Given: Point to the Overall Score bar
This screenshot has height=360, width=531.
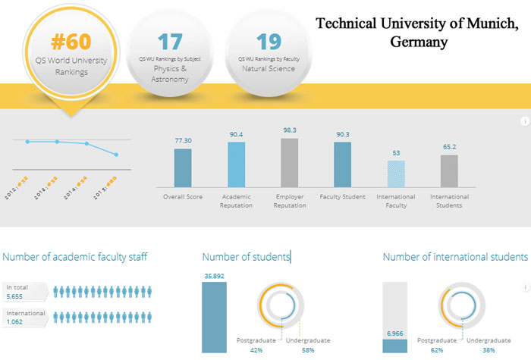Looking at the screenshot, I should [183, 167].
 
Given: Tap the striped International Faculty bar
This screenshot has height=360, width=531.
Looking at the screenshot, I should [396, 174].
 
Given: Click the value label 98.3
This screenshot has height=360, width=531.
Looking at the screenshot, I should [289, 130].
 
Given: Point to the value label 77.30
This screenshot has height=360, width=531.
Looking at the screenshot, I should [183, 141].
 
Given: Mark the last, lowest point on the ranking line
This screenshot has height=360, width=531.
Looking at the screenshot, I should [116, 155].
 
